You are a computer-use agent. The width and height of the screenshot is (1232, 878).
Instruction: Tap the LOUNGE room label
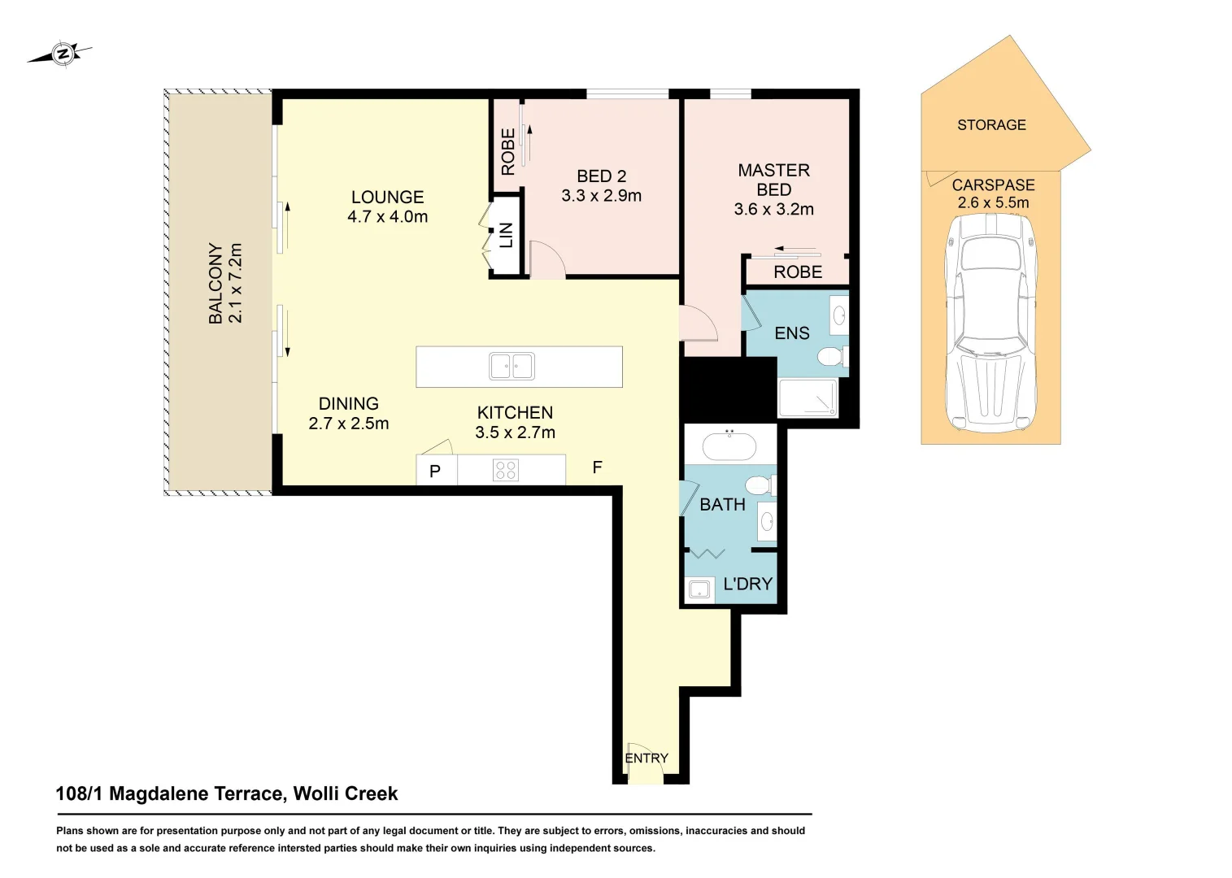point(387,197)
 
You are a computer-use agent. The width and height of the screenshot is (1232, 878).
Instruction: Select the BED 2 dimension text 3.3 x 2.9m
point(601,196)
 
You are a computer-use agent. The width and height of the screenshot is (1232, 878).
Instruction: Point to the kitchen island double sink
point(512,366)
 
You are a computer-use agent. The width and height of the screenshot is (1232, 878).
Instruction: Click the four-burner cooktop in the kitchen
point(506,470)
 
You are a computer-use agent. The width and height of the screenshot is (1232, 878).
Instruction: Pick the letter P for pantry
point(434,472)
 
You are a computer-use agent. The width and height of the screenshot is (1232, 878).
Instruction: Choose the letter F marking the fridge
point(597,467)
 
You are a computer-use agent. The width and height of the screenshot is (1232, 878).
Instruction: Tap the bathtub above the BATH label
point(730,446)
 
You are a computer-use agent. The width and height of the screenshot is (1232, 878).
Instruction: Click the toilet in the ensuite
point(832,356)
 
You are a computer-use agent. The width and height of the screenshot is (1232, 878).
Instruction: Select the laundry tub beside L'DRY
point(700,589)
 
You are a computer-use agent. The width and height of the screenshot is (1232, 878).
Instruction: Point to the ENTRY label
point(646,758)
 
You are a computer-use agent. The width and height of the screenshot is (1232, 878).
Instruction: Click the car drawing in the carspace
point(990,324)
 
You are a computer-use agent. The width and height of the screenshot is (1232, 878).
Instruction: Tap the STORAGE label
point(991,125)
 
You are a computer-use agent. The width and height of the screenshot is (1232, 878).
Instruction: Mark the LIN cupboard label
point(506,235)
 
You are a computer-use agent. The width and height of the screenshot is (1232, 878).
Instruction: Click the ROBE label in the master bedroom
point(798,272)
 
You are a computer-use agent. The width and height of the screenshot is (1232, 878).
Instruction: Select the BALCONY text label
point(215,284)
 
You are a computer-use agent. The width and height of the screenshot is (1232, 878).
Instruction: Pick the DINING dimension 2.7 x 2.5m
point(349,424)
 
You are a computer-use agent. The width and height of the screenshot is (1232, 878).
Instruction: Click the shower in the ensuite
point(808,398)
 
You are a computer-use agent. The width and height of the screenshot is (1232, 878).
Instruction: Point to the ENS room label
point(791,333)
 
